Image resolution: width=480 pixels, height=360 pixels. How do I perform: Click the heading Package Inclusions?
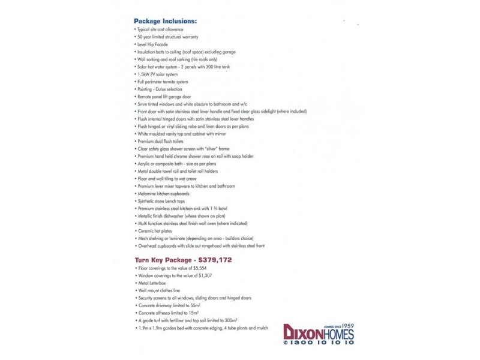pyautogui.click(x=165, y=21)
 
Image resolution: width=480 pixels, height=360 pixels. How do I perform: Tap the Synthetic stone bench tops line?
pyautogui.click(x=161, y=201)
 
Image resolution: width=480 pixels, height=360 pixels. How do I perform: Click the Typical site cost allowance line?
pyautogui.click(x=159, y=29)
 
